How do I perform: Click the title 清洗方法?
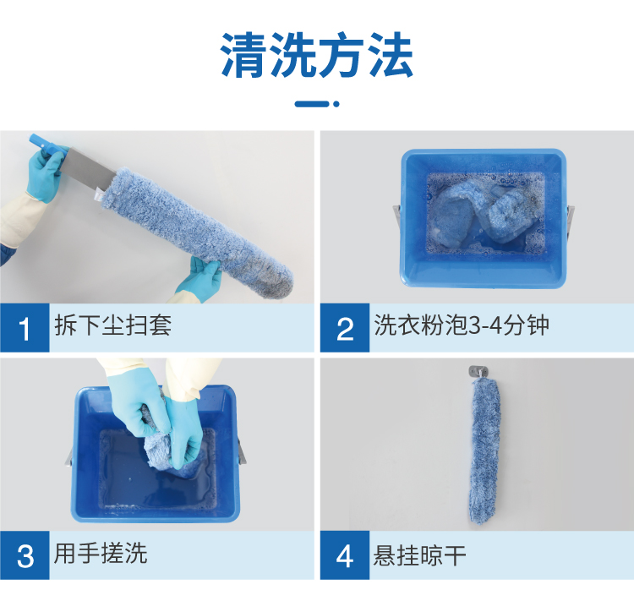tap(317, 55)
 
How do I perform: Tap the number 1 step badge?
tap(25, 328)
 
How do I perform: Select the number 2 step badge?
tap(345, 328)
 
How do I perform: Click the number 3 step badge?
tap(25, 555)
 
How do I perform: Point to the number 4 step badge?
tap(345, 555)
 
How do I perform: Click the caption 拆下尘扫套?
tap(112, 325)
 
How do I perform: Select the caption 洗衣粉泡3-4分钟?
tap(462, 325)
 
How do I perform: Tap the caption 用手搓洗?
tap(101, 553)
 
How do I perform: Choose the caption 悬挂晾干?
tap(419, 555)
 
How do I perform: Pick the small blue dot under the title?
tap(336, 104)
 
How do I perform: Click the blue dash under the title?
tap(312, 104)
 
